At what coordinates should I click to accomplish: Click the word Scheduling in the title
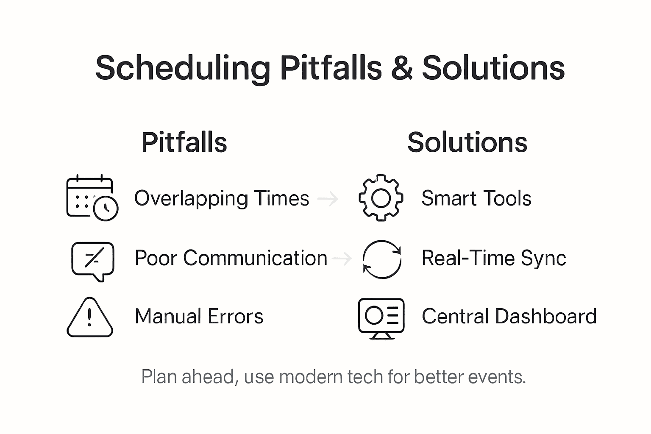tap(183, 68)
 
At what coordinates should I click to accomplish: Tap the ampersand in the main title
tap(401, 68)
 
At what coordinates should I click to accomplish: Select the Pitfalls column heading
tap(184, 142)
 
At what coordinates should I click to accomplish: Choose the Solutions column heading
tap(467, 142)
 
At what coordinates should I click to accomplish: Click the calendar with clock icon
tap(92, 198)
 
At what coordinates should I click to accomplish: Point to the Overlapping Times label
tap(222, 198)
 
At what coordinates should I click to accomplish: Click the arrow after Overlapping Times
tap(328, 198)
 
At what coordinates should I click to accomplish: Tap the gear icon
tap(381, 198)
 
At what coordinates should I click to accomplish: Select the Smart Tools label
tap(476, 198)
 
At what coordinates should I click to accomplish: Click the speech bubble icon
tap(93, 260)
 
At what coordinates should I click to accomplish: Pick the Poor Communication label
tap(231, 258)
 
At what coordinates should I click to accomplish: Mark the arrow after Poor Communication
tap(342, 258)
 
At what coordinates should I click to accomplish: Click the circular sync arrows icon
tap(382, 259)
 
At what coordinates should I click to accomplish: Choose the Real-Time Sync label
tap(494, 258)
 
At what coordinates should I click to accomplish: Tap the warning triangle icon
tap(90, 318)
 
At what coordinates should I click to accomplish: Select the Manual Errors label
tap(199, 317)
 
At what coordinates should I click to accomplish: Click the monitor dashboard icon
tap(381, 318)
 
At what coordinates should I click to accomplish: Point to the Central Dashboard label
tap(509, 317)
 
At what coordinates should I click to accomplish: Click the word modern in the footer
tap(310, 377)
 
